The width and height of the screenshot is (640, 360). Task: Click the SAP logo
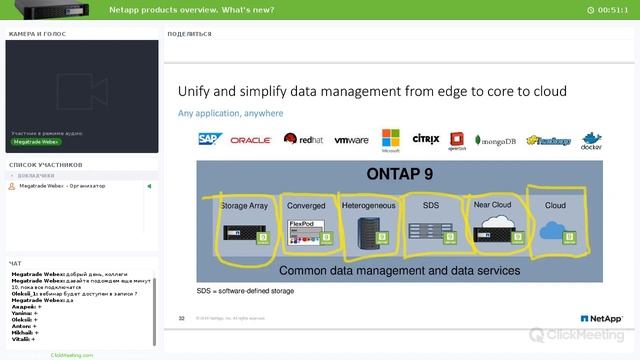(209, 140)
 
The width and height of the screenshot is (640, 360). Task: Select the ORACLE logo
(251, 141)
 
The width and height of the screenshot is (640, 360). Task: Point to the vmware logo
(352, 141)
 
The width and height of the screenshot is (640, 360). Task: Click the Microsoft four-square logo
(391, 140)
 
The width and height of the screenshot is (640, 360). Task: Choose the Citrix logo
(426, 140)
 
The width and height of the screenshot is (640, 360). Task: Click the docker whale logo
(591, 140)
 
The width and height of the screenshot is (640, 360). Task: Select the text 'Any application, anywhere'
(230, 113)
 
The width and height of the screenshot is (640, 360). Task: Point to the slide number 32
(182, 318)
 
